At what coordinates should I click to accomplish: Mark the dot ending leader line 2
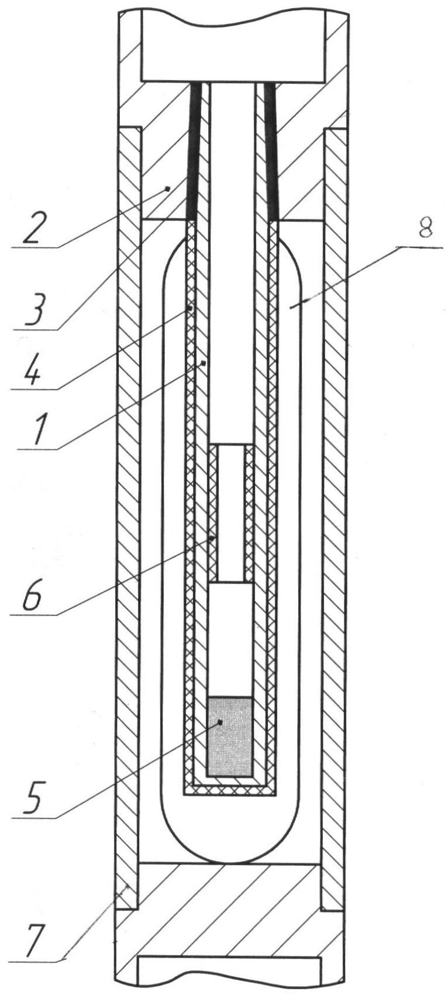click(x=167, y=189)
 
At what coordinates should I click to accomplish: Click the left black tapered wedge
click(x=192, y=151)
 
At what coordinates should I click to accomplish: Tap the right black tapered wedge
click(x=270, y=151)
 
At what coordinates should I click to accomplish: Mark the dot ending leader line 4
click(x=189, y=307)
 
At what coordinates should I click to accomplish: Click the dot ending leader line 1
click(x=203, y=363)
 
